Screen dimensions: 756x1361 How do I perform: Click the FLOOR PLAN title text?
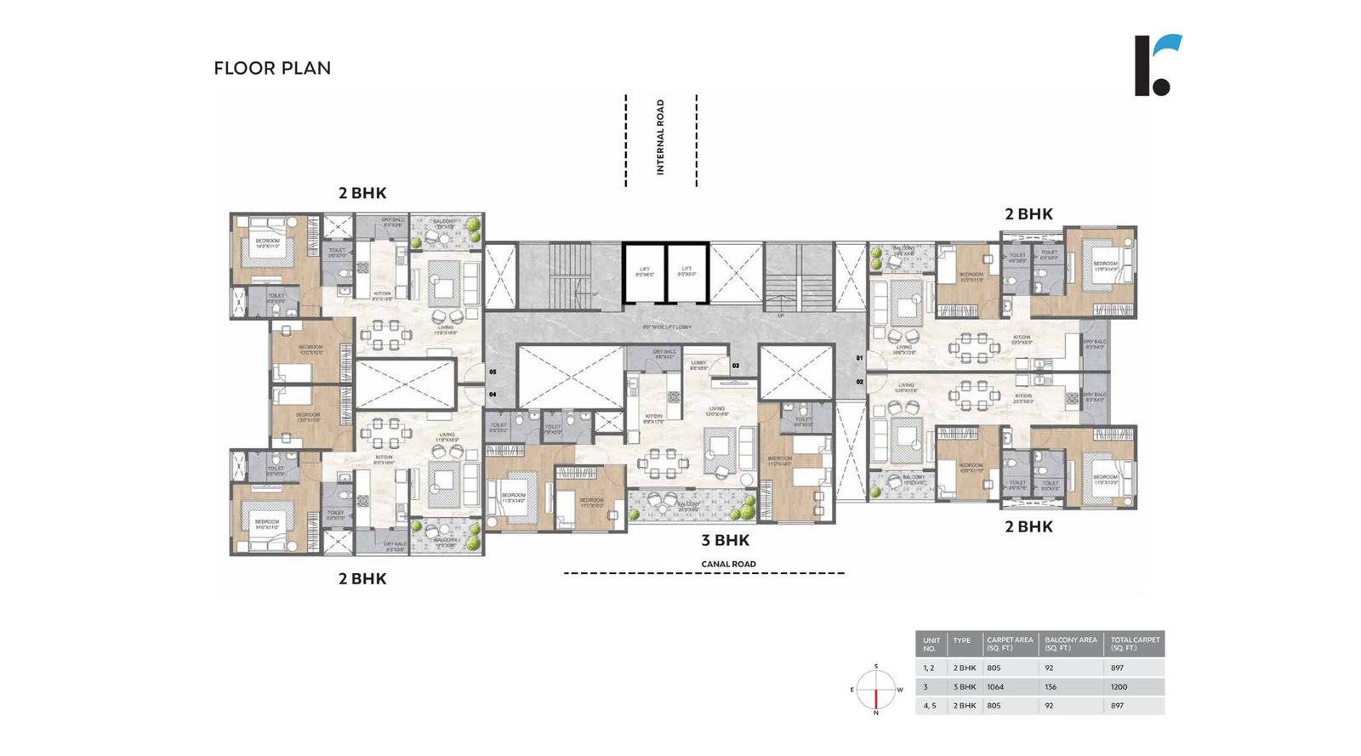coord(272,68)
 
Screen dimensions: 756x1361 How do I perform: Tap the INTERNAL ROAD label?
coord(660,138)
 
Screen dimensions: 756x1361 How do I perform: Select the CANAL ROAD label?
coord(728,564)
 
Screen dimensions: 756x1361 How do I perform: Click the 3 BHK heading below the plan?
coord(726,540)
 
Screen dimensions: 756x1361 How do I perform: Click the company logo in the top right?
coord(1157,65)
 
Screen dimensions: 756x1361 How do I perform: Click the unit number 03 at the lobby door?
coord(736,367)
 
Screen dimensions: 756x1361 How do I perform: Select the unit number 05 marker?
coord(493,372)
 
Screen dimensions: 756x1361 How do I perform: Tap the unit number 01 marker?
coord(859,358)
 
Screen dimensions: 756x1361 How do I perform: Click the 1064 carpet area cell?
coord(995,687)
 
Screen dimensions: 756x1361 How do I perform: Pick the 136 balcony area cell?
coord(1051,687)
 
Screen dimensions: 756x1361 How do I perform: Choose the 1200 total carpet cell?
coord(1119,687)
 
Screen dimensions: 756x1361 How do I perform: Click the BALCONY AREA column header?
coord(1070,644)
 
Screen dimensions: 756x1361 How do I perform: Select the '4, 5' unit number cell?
coord(929,706)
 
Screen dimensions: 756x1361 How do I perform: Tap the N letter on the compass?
coord(875,713)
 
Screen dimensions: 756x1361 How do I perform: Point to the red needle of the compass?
coord(875,697)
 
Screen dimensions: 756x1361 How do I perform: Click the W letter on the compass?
coord(900,690)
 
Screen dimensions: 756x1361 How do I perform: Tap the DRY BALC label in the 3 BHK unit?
coord(664,354)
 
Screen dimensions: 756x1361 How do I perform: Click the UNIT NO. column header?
coord(931,644)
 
